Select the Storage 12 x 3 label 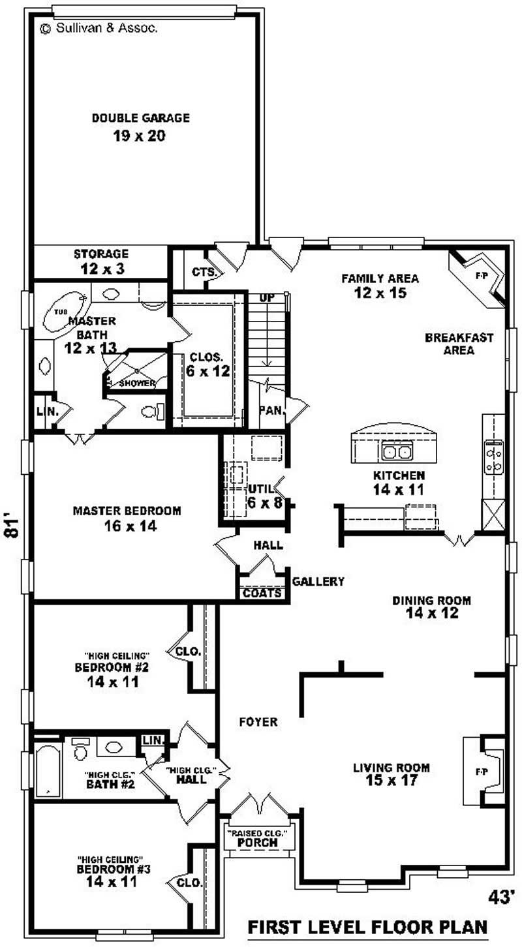point(100,260)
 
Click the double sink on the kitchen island point(396,451)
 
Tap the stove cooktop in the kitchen point(493,457)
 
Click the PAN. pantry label point(269,410)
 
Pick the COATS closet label point(262,593)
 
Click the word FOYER point(258,722)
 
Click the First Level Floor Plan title point(367,927)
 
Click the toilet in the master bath point(151,412)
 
